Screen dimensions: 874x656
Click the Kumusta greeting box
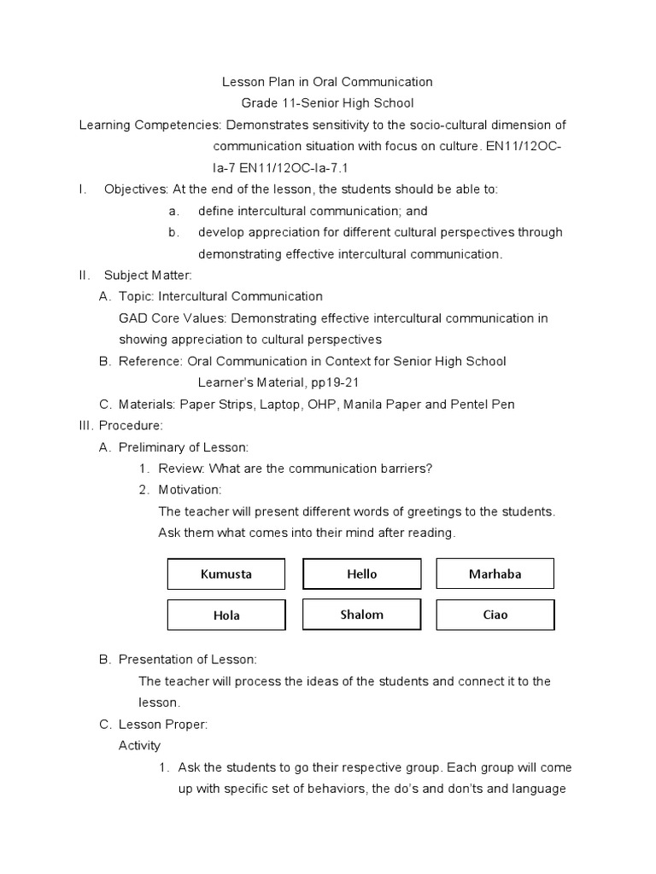point(226,574)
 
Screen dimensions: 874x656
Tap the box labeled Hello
point(362,574)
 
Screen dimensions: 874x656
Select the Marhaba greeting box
point(495,574)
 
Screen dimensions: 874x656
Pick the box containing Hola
point(226,615)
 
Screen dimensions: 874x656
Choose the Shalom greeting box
point(362,615)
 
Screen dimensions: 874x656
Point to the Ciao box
point(495,615)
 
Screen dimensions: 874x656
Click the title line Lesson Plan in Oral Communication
point(327,82)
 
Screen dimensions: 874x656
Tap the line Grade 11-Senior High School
point(327,103)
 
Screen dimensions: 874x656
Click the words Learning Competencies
point(149,125)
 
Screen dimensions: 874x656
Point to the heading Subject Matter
point(148,275)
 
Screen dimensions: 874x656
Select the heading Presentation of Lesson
point(187,660)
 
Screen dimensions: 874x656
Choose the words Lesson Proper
point(163,725)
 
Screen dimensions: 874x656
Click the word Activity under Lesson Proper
point(139,746)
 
